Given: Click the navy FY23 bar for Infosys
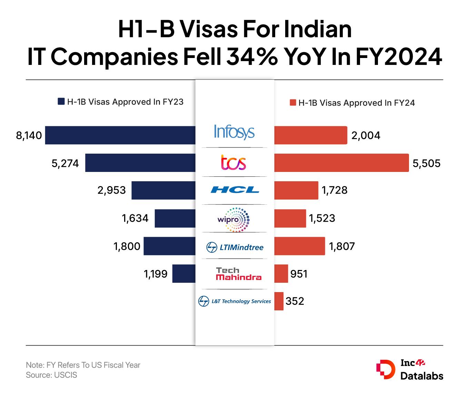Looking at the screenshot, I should point(120,135).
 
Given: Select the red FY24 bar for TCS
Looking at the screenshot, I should point(341,163).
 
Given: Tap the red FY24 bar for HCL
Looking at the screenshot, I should point(296,190).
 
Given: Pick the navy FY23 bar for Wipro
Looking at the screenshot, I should point(175,218).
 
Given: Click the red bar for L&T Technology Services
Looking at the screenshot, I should point(279,301).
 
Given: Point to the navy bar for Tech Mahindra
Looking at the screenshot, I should point(183,273).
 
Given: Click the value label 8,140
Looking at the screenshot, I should point(29,135).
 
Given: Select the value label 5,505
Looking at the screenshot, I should point(427,163).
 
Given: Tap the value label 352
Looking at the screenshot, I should point(295,301).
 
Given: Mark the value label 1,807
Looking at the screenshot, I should point(342,246).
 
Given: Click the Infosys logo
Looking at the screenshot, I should point(234,132).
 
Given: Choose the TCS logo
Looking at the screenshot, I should point(233,162).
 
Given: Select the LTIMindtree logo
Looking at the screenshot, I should point(235,247).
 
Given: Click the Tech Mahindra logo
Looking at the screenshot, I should point(238,274).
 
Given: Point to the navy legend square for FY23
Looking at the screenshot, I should point(61,102).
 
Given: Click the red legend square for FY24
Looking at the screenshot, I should point(293,103).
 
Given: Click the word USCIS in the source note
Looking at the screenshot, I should point(66,375).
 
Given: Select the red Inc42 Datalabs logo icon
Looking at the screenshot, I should point(386,370).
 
